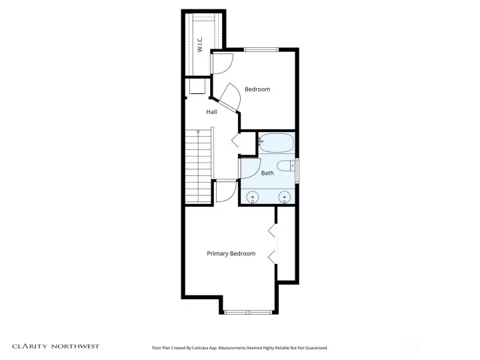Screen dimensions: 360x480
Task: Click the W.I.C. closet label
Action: click(x=200, y=44)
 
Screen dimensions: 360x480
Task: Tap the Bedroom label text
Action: click(x=257, y=89)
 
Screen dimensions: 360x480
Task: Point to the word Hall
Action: click(x=211, y=112)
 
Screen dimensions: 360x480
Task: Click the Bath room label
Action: click(x=267, y=173)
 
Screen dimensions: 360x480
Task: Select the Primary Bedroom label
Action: click(x=231, y=253)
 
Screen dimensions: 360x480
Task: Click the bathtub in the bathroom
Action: click(x=276, y=142)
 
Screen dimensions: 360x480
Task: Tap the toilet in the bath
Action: click(x=285, y=167)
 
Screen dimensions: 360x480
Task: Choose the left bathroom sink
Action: click(x=253, y=197)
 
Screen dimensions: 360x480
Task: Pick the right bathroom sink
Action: click(x=285, y=197)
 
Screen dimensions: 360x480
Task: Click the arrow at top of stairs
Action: click(x=198, y=133)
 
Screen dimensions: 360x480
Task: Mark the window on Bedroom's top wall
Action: click(x=261, y=49)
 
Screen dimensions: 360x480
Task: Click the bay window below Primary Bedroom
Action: click(x=247, y=311)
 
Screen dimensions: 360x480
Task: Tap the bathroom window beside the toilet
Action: click(x=297, y=169)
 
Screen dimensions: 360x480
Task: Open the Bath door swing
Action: click(x=248, y=169)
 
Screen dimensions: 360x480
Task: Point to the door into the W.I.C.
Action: click(x=221, y=64)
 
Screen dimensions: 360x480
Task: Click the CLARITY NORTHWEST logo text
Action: click(x=56, y=346)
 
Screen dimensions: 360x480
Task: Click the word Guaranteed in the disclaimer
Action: click(x=313, y=347)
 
